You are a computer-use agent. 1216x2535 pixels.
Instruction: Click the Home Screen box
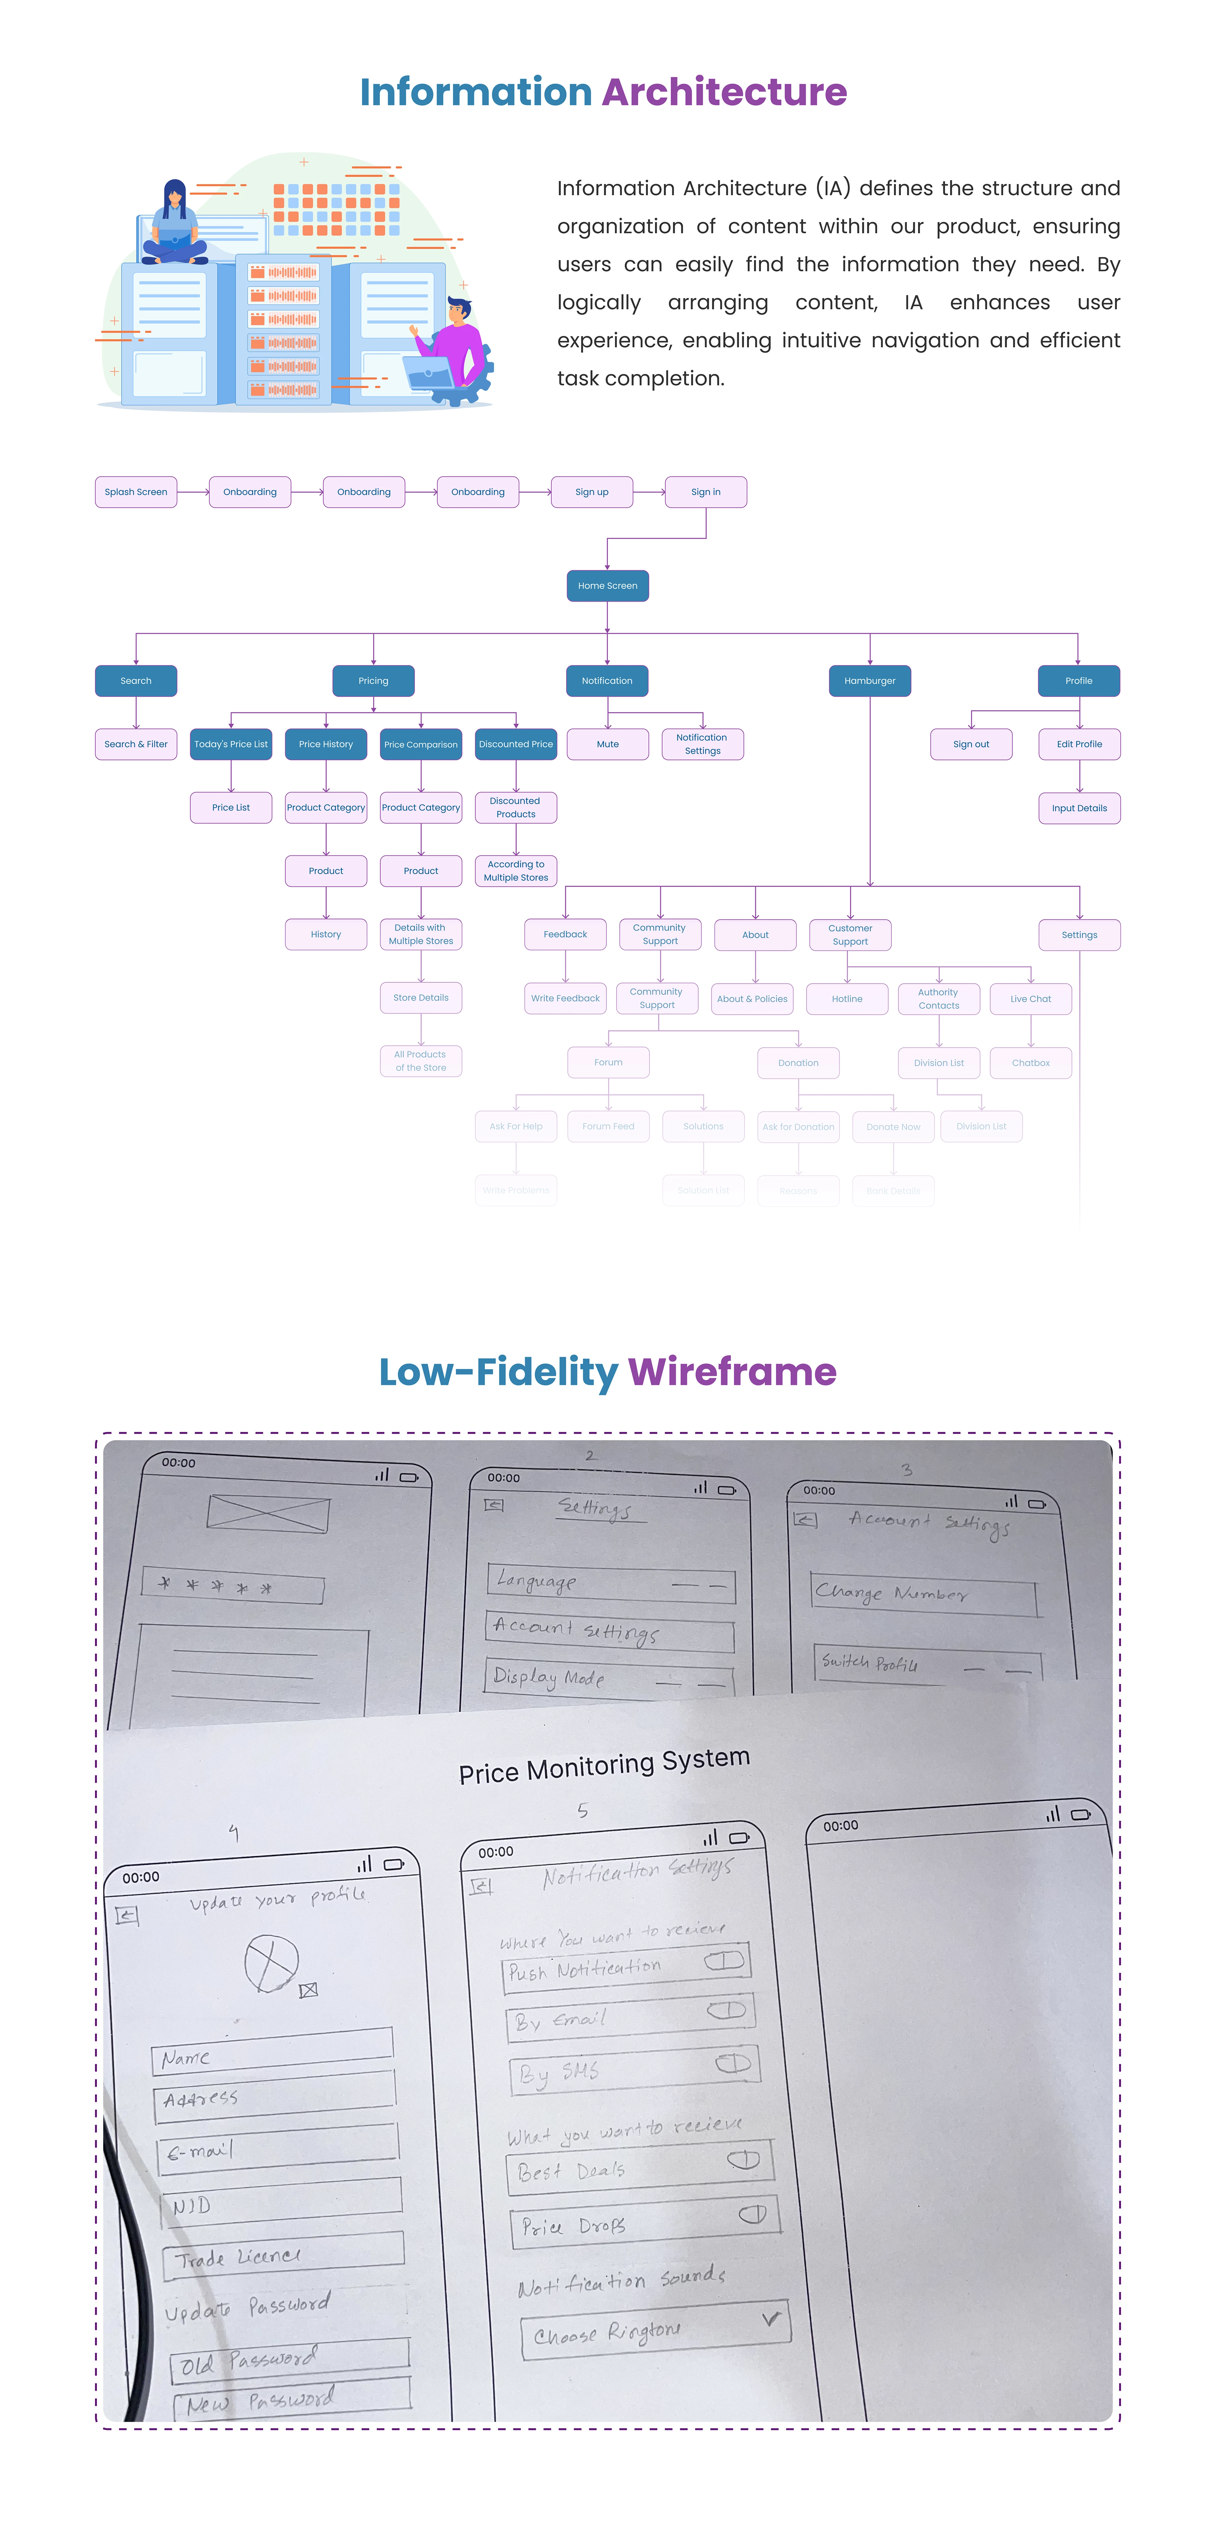click(607, 586)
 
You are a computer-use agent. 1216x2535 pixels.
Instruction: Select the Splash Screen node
click(136, 492)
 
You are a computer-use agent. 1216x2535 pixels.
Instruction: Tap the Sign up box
click(591, 492)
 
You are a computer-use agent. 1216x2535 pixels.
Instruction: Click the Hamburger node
click(870, 681)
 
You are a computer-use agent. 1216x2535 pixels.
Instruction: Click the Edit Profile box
click(1079, 744)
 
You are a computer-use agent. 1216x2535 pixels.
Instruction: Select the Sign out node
click(971, 744)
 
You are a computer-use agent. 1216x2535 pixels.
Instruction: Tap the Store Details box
click(421, 998)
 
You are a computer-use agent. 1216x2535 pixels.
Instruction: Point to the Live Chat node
click(1030, 999)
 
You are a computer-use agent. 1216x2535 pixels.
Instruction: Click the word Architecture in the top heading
click(724, 92)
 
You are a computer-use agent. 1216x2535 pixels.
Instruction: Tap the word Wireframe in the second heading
click(732, 1372)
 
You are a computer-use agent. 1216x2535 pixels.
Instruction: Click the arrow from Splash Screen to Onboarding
click(193, 492)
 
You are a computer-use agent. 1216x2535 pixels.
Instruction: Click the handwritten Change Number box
click(923, 1593)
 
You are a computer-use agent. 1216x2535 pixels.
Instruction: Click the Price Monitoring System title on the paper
click(604, 1765)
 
